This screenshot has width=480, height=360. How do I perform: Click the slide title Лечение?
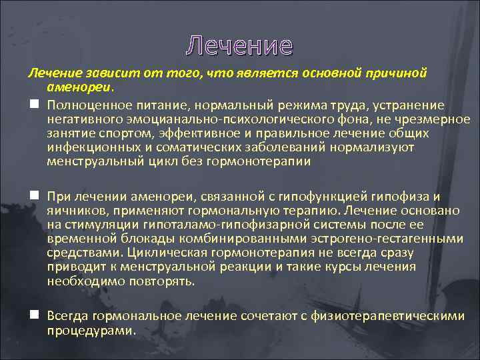(x=239, y=45)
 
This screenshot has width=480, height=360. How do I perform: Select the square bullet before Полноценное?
(x=33, y=105)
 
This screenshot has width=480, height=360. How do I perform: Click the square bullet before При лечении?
(x=33, y=196)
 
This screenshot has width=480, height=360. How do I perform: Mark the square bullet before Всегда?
(x=33, y=315)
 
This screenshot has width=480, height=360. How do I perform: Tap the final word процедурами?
(x=90, y=330)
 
